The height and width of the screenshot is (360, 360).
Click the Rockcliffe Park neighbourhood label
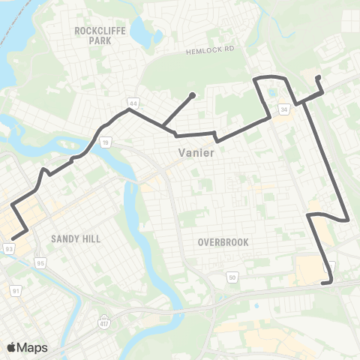point(93,35)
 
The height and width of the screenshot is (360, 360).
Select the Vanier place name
point(197,152)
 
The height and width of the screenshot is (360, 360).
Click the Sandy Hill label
point(75,238)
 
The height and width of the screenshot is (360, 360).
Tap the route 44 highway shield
point(133,101)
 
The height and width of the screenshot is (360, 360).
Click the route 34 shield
point(283,109)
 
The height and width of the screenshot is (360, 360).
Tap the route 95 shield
point(40,262)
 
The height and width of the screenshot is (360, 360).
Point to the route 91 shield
point(16,289)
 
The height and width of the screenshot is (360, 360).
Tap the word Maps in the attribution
point(32,347)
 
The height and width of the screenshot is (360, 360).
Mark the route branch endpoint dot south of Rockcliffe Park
point(193,94)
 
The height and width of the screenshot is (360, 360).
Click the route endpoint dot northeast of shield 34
point(319,77)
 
